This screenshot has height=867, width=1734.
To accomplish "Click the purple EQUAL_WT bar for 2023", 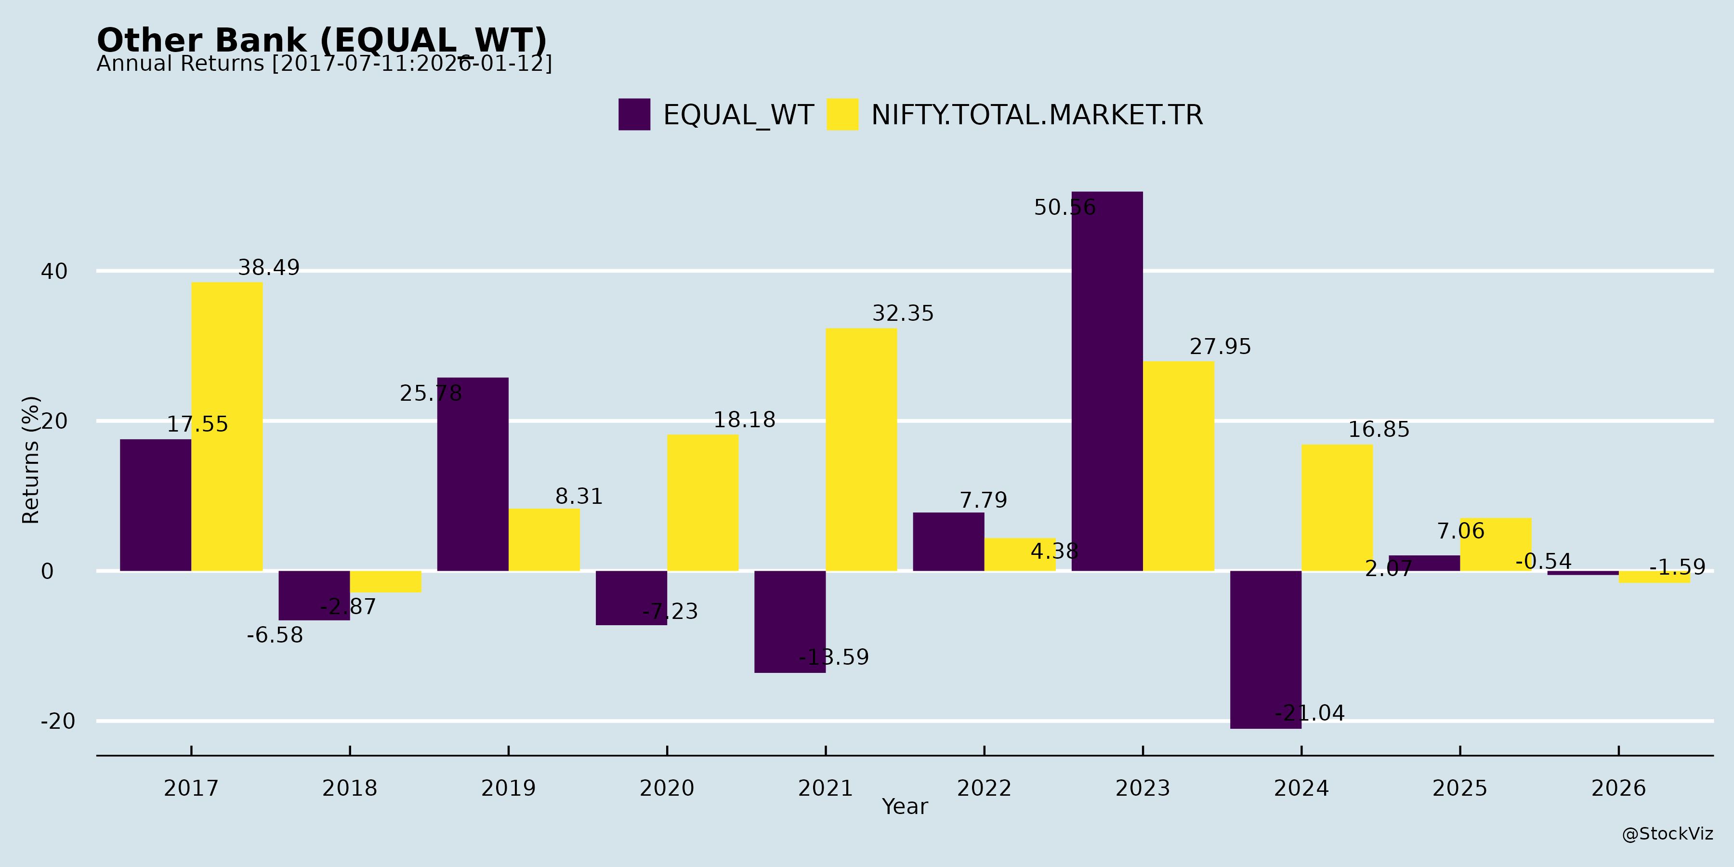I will point(1107,381).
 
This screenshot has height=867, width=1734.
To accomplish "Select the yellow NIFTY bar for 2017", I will point(227,426).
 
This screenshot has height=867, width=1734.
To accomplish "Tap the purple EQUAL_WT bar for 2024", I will point(1265,650).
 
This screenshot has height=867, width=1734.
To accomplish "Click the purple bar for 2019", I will point(473,474).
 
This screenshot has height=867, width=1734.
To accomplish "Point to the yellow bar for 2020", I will point(703,502).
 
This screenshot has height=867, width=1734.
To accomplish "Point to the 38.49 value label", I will point(269,268).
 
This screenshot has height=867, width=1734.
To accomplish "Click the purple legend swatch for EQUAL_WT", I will point(634,115).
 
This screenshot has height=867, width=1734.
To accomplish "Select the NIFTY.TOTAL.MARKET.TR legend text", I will point(1037,115).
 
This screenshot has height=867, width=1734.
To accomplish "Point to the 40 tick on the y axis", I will point(54,271).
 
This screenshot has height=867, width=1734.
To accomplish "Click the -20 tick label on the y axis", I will point(58,722).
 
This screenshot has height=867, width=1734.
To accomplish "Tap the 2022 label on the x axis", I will point(984,788).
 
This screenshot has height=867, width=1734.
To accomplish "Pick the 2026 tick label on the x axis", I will point(1618,788).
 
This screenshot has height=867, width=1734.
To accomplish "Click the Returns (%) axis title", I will point(31,460).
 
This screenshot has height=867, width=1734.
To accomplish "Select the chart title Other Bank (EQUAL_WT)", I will point(322,40).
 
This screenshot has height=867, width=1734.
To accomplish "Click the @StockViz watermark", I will point(1668,834).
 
